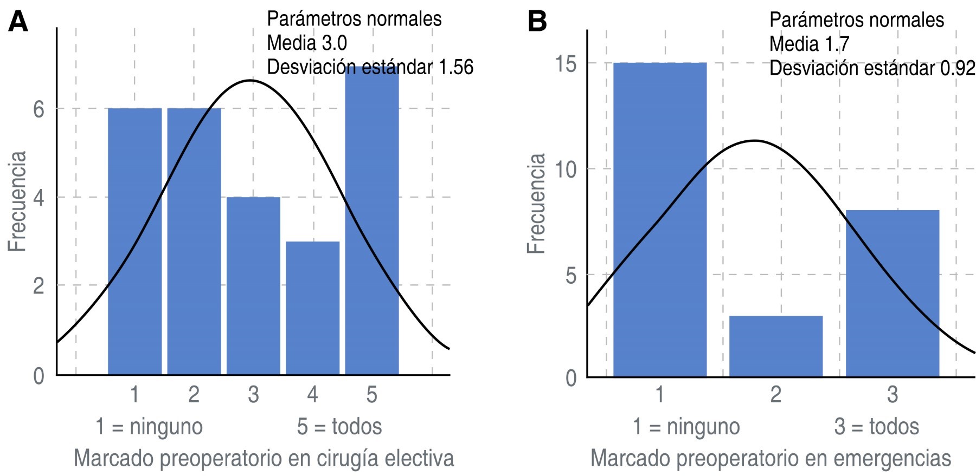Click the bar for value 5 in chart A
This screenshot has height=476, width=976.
(x=372, y=227)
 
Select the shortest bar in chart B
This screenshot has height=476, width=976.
(x=776, y=346)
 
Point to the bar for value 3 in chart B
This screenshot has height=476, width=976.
(x=892, y=293)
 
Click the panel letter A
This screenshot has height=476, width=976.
(x=17, y=22)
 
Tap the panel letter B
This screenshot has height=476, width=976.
(x=537, y=22)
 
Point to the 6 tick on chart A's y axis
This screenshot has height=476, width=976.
(x=38, y=109)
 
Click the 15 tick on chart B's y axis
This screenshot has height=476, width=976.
(x=566, y=64)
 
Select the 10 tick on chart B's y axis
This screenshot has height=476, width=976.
(x=566, y=169)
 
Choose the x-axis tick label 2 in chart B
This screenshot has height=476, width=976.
(x=776, y=394)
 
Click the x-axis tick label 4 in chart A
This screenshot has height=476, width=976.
(x=312, y=394)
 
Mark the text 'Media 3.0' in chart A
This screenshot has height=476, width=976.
(x=307, y=43)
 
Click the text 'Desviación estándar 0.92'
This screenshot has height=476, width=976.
(x=872, y=68)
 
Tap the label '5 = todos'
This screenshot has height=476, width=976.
(x=339, y=427)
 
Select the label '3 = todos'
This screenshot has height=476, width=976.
(x=877, y=427)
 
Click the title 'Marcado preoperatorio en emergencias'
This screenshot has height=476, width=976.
(x=770, y=458)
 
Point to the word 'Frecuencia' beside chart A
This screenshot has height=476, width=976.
(x=17, y=201)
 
